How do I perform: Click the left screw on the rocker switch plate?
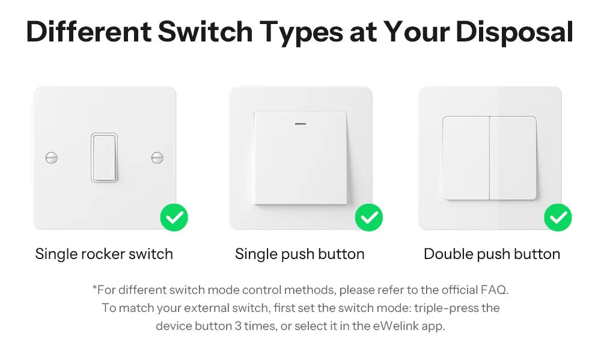[x=52, y=158]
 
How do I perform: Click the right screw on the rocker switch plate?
[x=157, y=158]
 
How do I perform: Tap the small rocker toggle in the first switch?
[x=105, y=158]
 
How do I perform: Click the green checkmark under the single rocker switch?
[x=174, y=218]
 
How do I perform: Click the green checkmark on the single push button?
[x=369, y=218]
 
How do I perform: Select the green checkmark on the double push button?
[x=558, y=218]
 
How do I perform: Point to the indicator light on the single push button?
[x=300, y=124]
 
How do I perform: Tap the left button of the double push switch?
[x=466, y=158]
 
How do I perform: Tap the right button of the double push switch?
[x=513, y=158]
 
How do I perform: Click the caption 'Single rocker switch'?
[x=104, y=254]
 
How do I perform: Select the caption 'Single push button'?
[x=299, y=254]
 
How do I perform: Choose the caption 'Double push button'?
[x=492, y=254]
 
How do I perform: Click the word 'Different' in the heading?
[x=88, y=32]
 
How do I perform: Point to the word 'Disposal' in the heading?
[x=514, y=32]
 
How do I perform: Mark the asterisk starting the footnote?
[x=94, y=288]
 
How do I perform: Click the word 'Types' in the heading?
[x=302, y=32]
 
